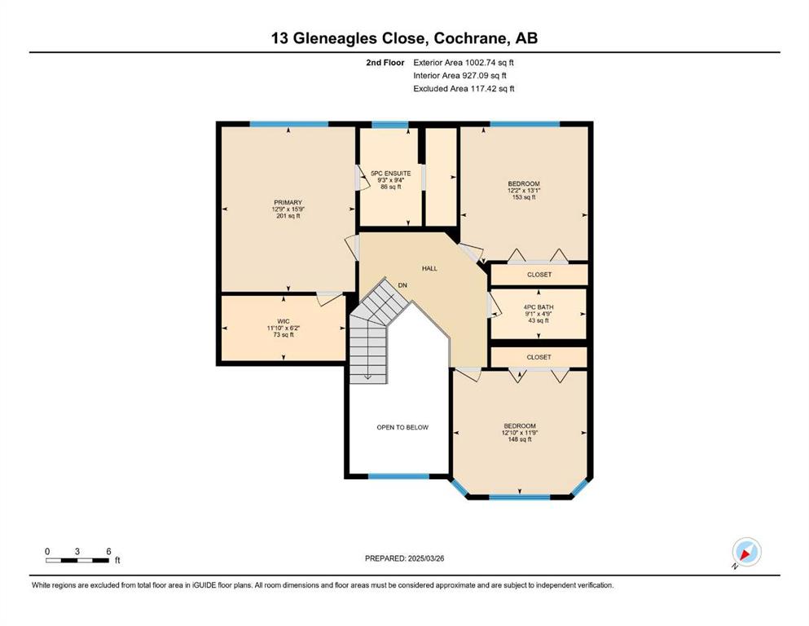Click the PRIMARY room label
click(288, 203)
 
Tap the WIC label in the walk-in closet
click(283, 321)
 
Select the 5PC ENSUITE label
click(391, 174)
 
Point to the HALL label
click(429, 268)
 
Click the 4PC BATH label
click(539, 307)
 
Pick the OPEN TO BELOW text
click(402, 427)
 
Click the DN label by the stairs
click(402, 285)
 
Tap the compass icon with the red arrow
click(746, 552)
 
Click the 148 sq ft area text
click(520, 439)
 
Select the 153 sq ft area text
click(524, 197)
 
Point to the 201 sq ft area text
click(288, 216)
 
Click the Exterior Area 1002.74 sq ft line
click(464, 63)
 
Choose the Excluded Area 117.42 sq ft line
click(464, 88)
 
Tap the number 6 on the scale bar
click(108, 551)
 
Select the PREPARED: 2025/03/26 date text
click(404, 558)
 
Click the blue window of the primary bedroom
click(289, 124)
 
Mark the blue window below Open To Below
click(398, 476)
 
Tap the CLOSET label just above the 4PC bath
click(539, 275)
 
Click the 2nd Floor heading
click(385, 63)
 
